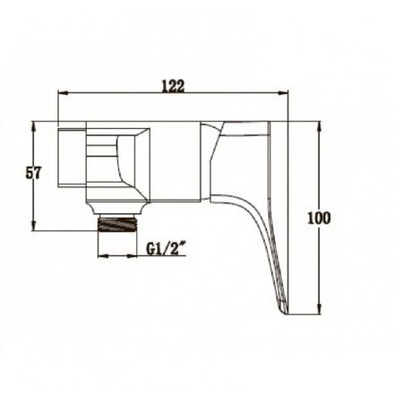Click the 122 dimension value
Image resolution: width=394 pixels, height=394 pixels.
173,86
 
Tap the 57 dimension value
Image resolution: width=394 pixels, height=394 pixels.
33,173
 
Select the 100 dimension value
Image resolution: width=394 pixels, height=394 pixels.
319,218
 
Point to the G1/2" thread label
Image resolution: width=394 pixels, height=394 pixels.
167,248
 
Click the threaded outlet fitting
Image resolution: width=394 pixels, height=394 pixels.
117,224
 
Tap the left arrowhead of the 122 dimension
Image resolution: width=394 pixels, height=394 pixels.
63,93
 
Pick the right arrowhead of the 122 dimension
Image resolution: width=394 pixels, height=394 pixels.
283,93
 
